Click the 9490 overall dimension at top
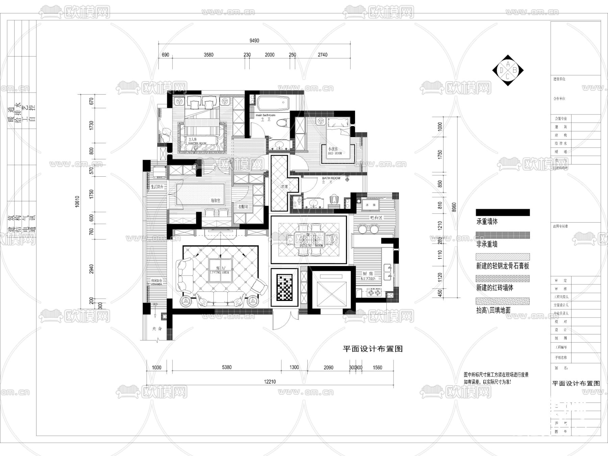tap(254, 41)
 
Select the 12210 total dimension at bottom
tap(270, 382)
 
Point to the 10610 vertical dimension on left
tap(77, 201)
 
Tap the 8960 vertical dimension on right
tap(454, 207)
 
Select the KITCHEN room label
tap(368, 276)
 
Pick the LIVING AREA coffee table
tap(221, 270)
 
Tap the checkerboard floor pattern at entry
tap(284, 287)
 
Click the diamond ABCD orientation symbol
tap(508, 70)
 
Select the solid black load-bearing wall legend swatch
tap(503, 212)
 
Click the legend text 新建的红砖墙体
tap(495, 288)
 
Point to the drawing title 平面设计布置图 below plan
tap(373, 349)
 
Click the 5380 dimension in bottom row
tap(227, 367)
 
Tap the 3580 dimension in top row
tap(208, 55)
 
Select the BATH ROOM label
tap(331, 178)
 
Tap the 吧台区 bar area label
tap(376, 218)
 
